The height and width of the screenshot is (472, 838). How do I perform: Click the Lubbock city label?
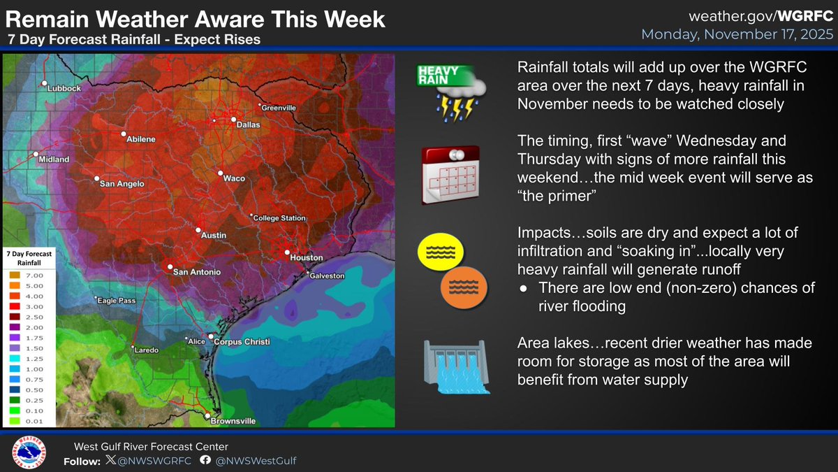[64, 89]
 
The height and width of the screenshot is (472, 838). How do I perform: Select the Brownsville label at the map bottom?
[233, 421]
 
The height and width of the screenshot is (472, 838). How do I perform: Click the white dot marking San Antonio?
[169, 266]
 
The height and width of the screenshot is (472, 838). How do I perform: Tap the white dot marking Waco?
[219, 173]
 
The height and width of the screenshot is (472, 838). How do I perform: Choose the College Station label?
[279, 218]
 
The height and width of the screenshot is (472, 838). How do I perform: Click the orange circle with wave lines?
[463, 286]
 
